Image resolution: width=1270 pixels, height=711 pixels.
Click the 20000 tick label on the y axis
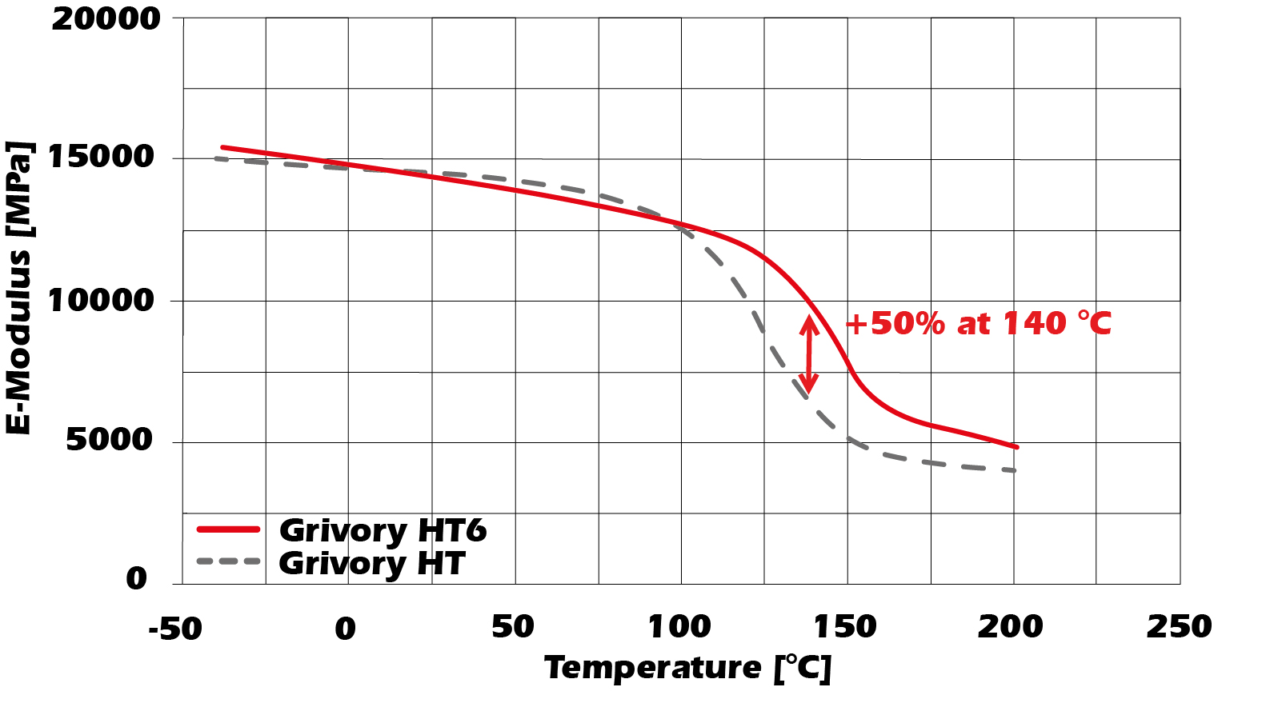click(106, 19)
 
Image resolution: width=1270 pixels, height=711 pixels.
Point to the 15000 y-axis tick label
click(101, 157)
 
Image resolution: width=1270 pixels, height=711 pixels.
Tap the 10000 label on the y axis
click(101, 301)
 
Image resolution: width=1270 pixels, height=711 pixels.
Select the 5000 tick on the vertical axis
click(109, 439)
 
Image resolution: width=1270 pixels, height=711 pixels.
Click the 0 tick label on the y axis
click(137, 578)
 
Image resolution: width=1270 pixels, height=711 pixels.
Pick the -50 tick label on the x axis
click(175, 629)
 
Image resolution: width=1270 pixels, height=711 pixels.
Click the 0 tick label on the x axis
click(345, 629)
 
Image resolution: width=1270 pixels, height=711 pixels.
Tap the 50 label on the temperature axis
click(512, 627)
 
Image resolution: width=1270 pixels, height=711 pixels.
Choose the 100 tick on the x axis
click(679, 627)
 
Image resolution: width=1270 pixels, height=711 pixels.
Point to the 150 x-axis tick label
click(845, 627)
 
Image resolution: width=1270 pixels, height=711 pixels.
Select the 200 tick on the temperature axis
click(1010, 627)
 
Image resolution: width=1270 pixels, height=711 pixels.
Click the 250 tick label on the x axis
click(1179, 627)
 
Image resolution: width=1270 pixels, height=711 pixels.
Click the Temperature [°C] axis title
click(687, 668)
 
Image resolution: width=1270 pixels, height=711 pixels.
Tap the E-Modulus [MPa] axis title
click(19, 288)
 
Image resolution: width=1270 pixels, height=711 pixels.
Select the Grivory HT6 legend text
click(383, 530)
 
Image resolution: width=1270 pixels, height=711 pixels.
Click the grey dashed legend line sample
click(229, 561)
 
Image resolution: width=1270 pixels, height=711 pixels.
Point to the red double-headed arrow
click(809, 354)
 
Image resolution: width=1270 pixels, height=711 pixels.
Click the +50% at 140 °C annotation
click(979, 324)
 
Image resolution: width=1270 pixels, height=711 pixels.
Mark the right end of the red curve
click(1017, 447)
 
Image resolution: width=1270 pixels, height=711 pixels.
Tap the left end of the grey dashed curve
click(215, 158)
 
